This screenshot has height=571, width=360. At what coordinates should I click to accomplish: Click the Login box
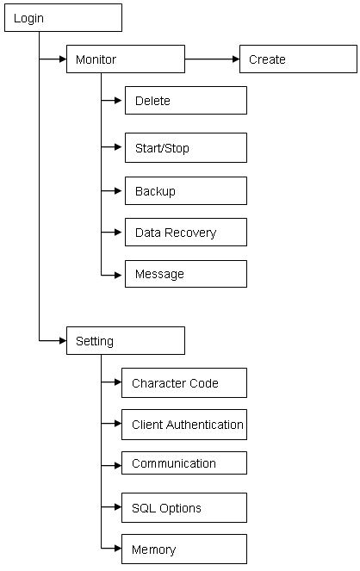[63, 18]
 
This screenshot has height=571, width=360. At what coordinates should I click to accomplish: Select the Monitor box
[126, 59]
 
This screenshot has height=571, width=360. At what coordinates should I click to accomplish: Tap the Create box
[298, 59]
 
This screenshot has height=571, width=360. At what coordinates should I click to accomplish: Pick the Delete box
[186, 101]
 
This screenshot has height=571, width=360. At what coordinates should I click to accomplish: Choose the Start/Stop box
[186, 148]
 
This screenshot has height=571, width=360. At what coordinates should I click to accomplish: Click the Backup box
[186, 191]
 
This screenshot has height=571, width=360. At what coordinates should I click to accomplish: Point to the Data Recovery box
[186, 233]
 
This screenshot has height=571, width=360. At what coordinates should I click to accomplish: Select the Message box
[186, 274]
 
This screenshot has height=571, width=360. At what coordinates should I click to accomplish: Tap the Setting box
[126, 341]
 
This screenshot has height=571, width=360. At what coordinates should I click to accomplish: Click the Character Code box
[184, 382]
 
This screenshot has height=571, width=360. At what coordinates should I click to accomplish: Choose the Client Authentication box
[184, 425]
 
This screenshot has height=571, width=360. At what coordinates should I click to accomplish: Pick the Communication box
[184, 462]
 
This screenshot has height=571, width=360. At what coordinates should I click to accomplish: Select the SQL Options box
[184, 508]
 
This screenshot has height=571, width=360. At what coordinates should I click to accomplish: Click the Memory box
[184, 549]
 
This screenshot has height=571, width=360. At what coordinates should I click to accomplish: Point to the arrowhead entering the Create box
[236, 59]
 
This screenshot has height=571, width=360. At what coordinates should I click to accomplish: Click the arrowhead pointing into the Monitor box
[63, 59]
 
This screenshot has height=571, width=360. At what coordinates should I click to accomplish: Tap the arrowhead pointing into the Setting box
[63, 341]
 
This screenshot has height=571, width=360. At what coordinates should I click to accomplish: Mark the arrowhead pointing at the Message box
[118, 276]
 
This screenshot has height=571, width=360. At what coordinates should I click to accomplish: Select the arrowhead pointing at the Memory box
[118, 548]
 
